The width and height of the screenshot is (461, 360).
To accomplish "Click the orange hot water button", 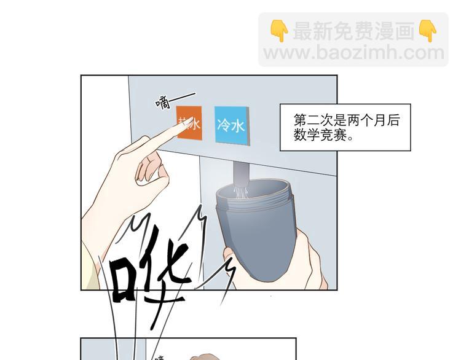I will [189, 124].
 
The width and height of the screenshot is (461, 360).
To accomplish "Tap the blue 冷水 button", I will [232, 125].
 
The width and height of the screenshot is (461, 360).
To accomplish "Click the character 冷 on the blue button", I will [224, 125].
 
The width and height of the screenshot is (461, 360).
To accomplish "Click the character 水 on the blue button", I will [238, 126].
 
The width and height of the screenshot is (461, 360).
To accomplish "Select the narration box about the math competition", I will [345, 127].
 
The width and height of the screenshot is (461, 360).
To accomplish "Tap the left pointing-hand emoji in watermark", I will [279, 31].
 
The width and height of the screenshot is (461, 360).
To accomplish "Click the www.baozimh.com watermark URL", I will [353, 53].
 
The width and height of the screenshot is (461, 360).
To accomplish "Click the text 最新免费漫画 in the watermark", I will [353, 31].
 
